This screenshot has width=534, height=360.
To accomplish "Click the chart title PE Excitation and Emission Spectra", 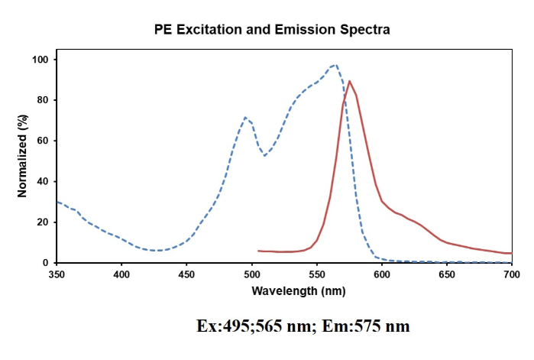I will pos(283,31).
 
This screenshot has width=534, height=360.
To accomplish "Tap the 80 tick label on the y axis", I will pos(44,100).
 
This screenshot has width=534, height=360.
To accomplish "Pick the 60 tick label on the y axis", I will pos(44,141).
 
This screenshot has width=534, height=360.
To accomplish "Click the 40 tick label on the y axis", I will pos(44,181).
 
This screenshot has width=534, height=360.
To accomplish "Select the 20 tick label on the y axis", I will pos(44,222).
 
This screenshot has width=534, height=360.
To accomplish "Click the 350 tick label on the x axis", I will pos(57,272).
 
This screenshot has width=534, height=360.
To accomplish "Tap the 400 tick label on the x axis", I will pos(121,272).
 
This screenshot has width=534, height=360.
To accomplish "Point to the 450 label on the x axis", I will pos(186,272).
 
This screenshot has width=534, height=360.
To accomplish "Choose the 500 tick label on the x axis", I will pos(251,272).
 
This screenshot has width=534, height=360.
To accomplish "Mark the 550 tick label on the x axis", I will pos(317,272).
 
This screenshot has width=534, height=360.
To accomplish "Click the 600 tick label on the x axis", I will pos(382,272).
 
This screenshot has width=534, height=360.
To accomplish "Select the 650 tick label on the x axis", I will pos(447,272).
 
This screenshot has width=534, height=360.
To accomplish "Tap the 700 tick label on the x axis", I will pos(512,272).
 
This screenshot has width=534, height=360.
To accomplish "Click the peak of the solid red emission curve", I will pos(349,81).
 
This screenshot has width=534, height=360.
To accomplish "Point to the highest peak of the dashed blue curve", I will pos(335,65).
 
